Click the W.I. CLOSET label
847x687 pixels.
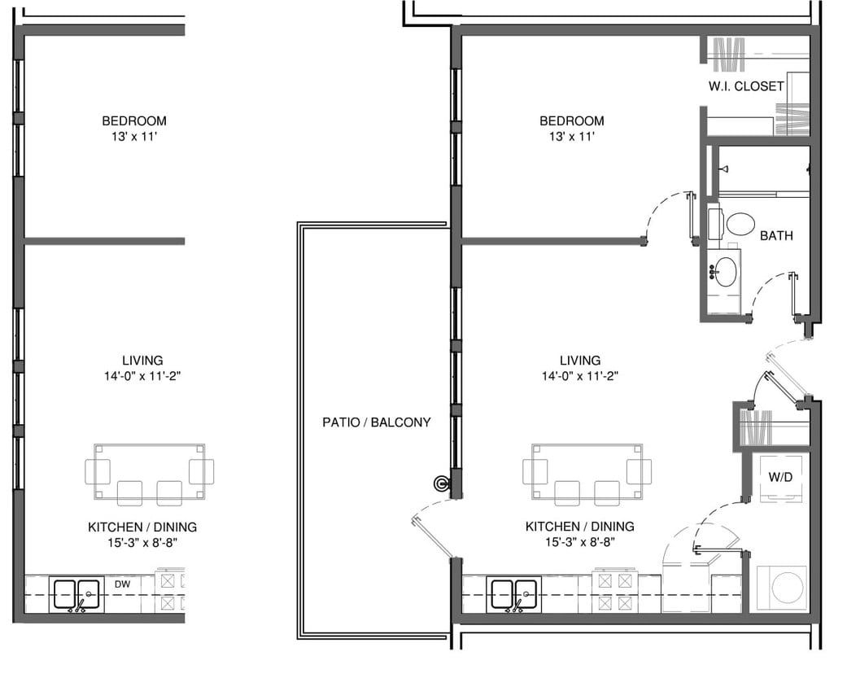(x=747, y=85)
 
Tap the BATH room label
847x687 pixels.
(x=776, y=235)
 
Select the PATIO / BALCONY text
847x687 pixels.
(x=376, y=422)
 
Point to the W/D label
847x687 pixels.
(x=780, y=477)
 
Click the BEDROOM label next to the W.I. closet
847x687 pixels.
(x=571, y=120)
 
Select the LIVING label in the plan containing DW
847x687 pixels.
(x=142, y=360)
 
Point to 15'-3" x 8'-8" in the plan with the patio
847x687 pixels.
(x=579, y=541)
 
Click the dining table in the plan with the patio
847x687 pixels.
(x=587, y=471)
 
